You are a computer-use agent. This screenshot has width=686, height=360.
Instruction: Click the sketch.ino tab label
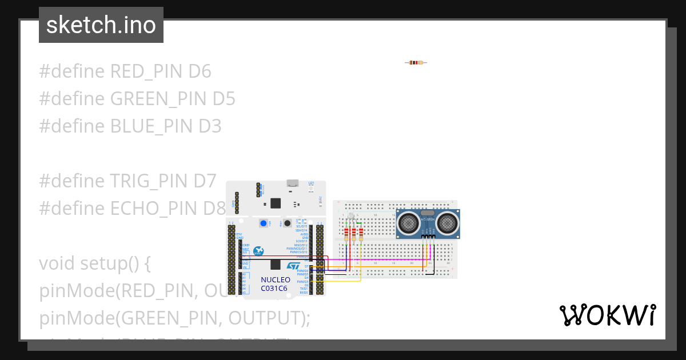(x=101, y=25)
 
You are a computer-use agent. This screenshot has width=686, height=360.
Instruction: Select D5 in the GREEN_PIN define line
(x=224, y=99)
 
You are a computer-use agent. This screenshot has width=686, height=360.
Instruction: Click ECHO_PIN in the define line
(x=153, y=209)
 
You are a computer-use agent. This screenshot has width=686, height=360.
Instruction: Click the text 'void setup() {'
(x=95, y=263)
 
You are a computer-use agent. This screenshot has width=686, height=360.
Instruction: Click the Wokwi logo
(x=607, y=315)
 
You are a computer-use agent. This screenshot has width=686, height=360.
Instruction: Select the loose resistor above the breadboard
(x=416, y=62)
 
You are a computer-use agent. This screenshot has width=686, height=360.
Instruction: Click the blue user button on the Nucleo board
(x=264, y=223)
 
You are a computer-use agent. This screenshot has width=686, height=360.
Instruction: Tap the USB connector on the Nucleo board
(x=293, y=183)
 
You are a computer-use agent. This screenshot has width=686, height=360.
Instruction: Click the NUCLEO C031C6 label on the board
(x=276, y=284)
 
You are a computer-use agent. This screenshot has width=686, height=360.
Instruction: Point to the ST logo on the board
(x=293, y=266)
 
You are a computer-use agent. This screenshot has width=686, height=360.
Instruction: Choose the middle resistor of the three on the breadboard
(x=353, y=233)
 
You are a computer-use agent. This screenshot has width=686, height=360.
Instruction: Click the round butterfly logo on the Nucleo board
(x=258, y=251)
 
